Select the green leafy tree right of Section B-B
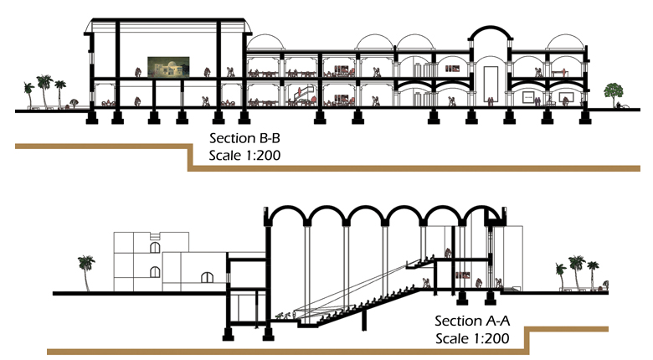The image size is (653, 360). [615, 90]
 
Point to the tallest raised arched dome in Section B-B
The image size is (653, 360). [490, 33]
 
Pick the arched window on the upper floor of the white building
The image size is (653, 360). [154, 247]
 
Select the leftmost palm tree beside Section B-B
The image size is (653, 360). [30, 91]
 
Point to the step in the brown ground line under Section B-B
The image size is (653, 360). [188, 158]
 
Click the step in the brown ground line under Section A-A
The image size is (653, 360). [527, 340]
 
